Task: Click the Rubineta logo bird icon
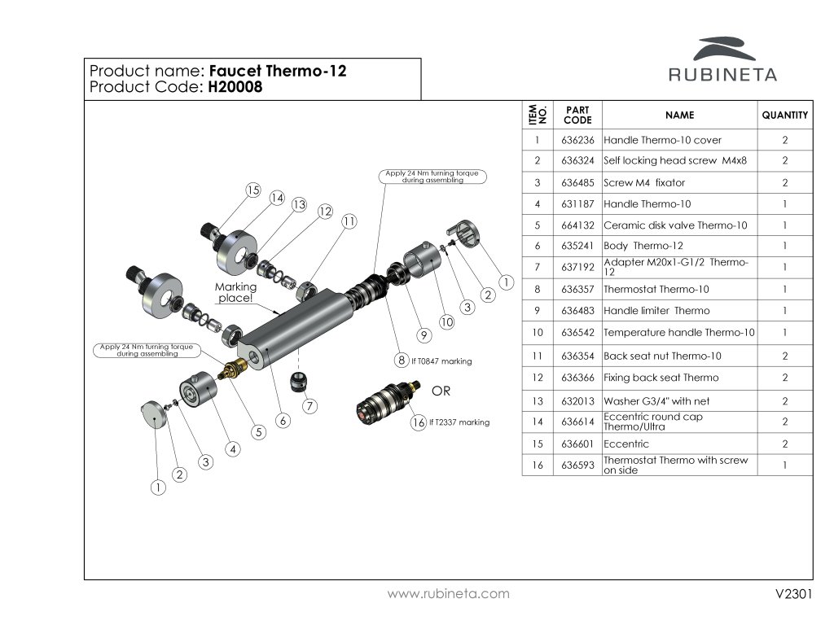[x=722, y=48]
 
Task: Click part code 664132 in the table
[x=577, y=225]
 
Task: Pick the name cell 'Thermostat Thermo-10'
[x=656, y=289]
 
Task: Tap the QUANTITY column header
[x=784, y=116]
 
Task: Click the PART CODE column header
[x=577, y=115]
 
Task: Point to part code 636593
[x=577, y=465]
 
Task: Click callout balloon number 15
[x=252, y=190]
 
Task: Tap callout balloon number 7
[x=309, y=405]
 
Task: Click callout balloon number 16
[x=419, y=422]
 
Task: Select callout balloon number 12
[x=325, y=212]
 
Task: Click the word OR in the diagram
[x=441, y=391]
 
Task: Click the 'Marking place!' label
[x=235, y=292]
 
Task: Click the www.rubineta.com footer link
[x=448, y=594]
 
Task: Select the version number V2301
[x=794, y=594]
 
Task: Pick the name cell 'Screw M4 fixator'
[x=644, y=182]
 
